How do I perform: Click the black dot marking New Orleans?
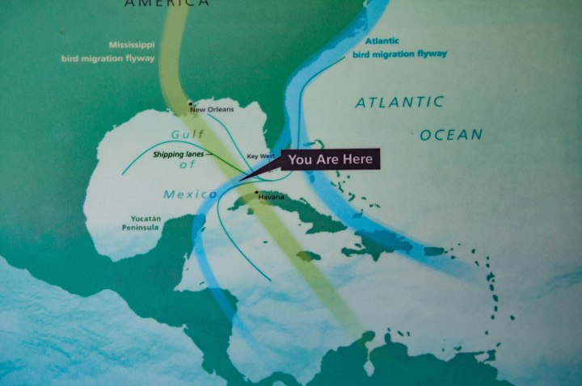point(190,103)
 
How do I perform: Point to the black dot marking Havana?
point(256,192)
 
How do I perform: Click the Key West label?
point(261,156)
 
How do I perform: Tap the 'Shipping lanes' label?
point(175,153)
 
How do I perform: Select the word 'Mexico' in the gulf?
point(190,194)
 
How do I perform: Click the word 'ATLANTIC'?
point(399,103)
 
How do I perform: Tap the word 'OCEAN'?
point(450,135)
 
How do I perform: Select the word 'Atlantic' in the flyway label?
point(382,40)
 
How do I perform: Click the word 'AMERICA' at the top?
point(166,3)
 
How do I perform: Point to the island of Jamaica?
point(308,256)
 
